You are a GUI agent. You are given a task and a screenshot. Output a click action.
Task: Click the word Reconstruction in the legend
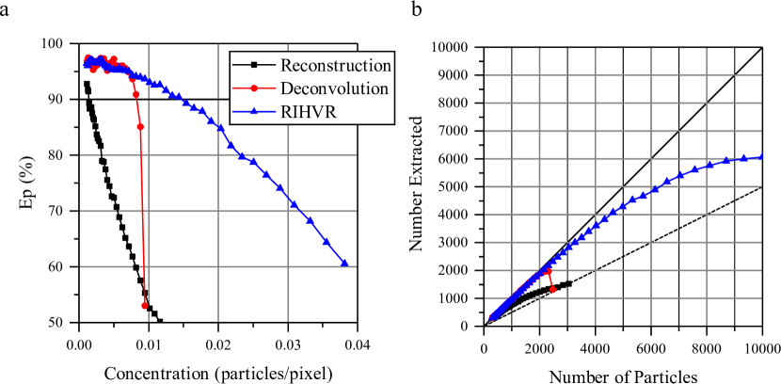tap(335, 66)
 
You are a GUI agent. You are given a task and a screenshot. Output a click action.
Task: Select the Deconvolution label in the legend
tap(334, 88)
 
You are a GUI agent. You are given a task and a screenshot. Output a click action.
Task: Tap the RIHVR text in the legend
tap(311, 111)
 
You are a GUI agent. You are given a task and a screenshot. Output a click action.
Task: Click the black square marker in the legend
tap(254, 66)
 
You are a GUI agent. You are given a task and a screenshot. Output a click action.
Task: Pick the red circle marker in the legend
tap(254, 88)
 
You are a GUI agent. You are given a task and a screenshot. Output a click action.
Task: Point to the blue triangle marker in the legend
tap(254, 111)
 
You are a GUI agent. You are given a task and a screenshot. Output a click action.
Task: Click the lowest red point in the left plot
tap(145, 305)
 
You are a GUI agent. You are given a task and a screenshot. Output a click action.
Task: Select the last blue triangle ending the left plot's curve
tap(344, 264)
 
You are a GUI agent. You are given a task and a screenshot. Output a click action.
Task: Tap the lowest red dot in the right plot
tap(552, 289)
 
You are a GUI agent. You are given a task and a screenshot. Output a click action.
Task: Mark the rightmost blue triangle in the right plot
tap(763, 156)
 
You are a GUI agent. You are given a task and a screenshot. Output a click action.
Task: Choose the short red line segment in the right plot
tap(550, 280)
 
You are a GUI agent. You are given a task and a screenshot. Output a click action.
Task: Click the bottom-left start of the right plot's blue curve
tap(490, 317)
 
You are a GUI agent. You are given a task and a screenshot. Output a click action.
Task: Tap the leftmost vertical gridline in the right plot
tap(539, 188)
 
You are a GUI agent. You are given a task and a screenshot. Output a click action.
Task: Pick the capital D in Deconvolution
tap(286, 88)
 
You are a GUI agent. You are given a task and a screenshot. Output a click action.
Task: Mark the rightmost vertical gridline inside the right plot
tap(706, 188)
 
